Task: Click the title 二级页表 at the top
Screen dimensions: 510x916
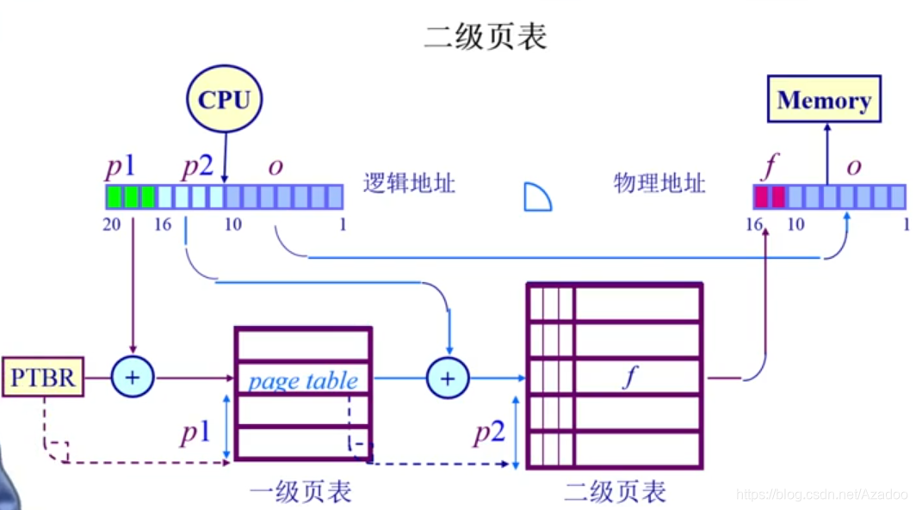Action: coord(486,37)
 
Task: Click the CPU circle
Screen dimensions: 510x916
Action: coord(224,100)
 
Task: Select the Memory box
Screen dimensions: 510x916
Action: coord(824,101)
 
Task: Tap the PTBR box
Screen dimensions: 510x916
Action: coord(43,378)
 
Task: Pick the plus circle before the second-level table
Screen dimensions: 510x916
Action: coord(448,378)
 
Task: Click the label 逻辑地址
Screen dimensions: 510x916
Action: coord(409,183)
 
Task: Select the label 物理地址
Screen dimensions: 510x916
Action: coord(659,183)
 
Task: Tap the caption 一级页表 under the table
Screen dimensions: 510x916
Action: coord(300,492)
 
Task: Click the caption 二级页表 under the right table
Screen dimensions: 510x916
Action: coord(615,492)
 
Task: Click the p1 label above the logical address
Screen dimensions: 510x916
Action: coord(121,165)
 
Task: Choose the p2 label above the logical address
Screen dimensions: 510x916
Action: coord(197,165)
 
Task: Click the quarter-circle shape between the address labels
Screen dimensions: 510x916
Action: coord(537,199)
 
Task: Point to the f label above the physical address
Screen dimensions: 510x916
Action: coord(768,165)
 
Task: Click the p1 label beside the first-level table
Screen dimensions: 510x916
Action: coord(195,432)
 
